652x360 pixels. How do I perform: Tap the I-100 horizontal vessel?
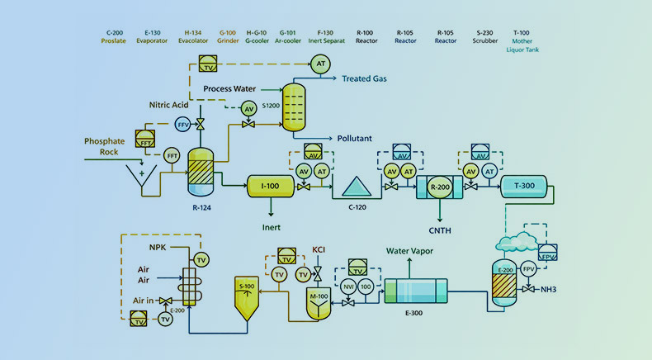tap(270, 187)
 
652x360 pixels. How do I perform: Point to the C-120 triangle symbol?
tap(355, 187)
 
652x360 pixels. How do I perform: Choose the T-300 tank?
tap(524, 187)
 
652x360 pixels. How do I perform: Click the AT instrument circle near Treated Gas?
tap(318, 63)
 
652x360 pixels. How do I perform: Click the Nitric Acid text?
tap(169, 105)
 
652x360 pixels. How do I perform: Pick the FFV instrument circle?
tap(183, 124)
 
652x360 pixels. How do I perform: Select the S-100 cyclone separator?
tap(247, 295)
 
